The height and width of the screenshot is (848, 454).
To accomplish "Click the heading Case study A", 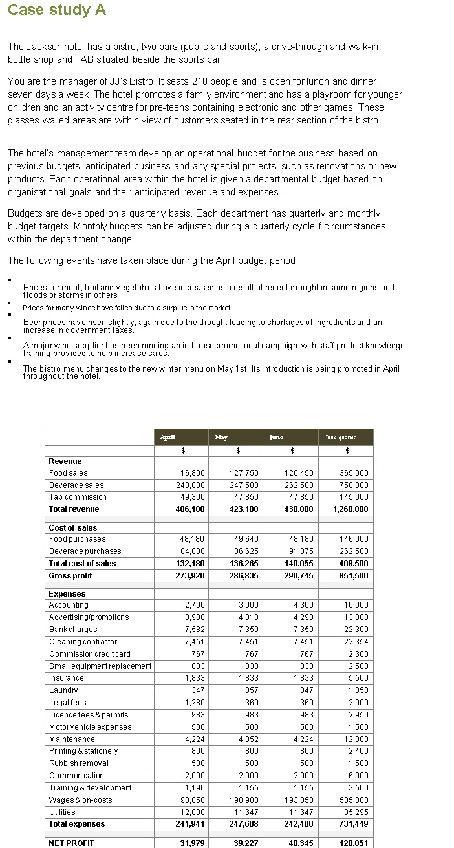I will pyautogui.click(x=57, y=10).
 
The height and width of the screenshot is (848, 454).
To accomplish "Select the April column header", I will pyautogui.click(x=168, y=437).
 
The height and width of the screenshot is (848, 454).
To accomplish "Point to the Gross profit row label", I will pyautogui.click(x=70, y=576).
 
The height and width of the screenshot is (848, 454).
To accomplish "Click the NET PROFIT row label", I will pyautogui.click(x=71, y=843).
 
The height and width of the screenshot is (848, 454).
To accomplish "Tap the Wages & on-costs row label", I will pyautogui.click(x=80, y=800).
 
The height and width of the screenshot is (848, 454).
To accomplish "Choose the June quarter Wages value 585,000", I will pyautogui.click(x=354, y=800).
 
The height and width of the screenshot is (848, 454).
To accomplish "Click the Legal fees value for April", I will pyautogui.click(x=195, y=703).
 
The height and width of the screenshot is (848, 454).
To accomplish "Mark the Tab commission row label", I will pyautogui.click(x=78, y=497).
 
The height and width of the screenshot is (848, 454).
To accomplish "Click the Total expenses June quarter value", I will pyautogui.click(x=353, y=824).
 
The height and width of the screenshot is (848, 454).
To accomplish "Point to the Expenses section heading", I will pyautogui.click(x=67, y=593).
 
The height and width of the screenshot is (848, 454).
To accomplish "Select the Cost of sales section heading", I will pyautogui.click(x=73, y=527).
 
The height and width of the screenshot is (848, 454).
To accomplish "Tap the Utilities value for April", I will pyautogui.click(x=192, y=812).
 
